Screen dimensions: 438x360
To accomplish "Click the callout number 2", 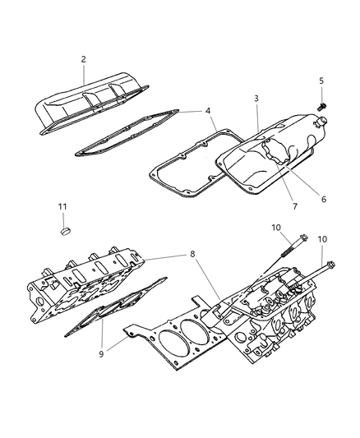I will [x=84, y=59].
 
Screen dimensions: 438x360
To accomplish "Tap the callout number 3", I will [x=256, y=99].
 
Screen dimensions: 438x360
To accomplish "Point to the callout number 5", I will [x=321, y=81].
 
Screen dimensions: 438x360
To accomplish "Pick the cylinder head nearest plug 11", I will [x=82, y=284].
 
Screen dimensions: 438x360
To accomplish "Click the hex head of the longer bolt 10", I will [x=330, y=287].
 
